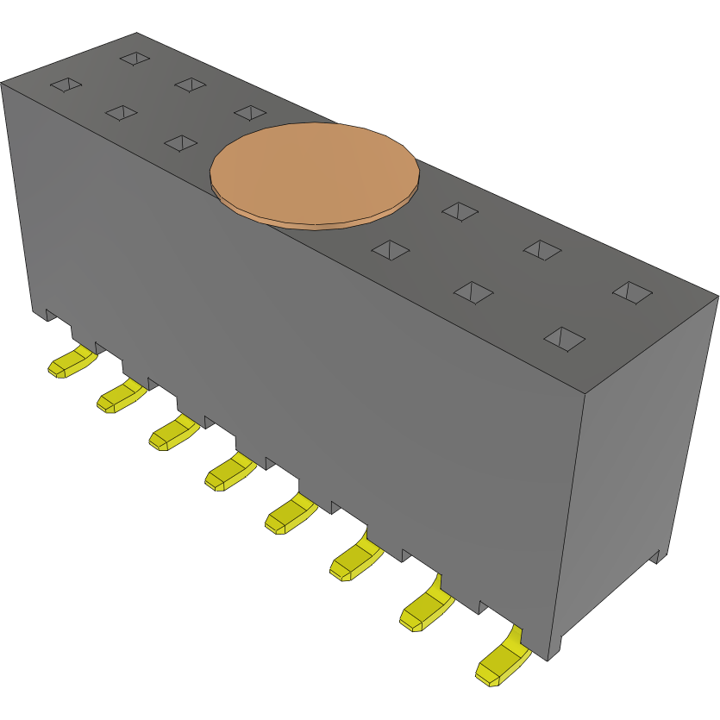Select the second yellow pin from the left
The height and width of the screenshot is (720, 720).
pyautogui.click(x=121, y=397)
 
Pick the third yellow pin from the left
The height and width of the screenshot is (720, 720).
pyautogui.click(x=173, y=433)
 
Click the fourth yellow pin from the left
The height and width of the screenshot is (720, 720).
pyautogui.click(x=229, y=473)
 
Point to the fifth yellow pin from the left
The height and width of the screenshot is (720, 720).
pyautogui.click(x=290, y=516)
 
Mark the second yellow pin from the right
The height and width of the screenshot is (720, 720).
pyautogui.click(x=425, y=610)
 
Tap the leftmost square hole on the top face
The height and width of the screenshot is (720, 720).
pyautogui.click(x=66, y=85)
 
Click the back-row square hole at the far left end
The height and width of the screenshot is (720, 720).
pyautogui.click(x=135, y=58)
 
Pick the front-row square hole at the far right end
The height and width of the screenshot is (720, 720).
pyautogui.click(x=564, y=338)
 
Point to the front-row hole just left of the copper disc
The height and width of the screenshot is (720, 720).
pyautogui.click(x=180, y=142)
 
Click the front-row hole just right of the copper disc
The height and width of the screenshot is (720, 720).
pyautogui.click(x=390, y=249)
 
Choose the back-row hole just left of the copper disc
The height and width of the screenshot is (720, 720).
pyautogui.click(x=249, y=112)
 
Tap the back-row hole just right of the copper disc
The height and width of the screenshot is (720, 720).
pyautogui.click(x=460, y=210)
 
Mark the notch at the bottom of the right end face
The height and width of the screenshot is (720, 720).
pyautogui.click(x=655, y=556)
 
